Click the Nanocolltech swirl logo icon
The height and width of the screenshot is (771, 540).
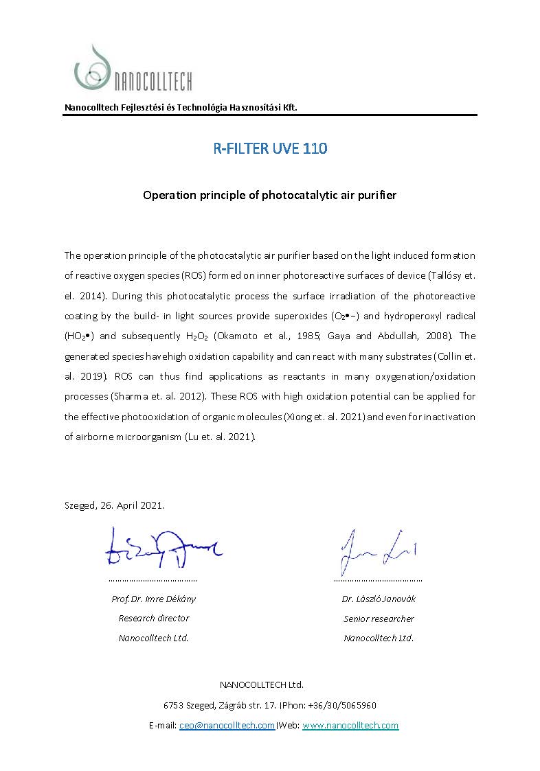pyautogui.click(x=93, y=69)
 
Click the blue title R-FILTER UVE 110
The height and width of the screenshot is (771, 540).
pyautogui.click(x=269, y=148)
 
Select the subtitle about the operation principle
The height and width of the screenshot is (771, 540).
pyautogui.click(x=269, y=195)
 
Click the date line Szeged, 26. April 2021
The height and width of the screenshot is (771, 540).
pyautogui.click(x=114, y=505)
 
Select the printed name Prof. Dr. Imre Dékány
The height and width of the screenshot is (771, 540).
pyautogui.click(x=153, y=599)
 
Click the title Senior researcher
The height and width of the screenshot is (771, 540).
pyautogui.click(x=379, y=619)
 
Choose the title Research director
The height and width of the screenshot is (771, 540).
pyautogui.click(x=153, y=618)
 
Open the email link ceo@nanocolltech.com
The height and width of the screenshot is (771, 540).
pyautogui.click(x=227, y=725)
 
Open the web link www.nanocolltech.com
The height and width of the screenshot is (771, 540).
pyautogui.click(x=350, y=725)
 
